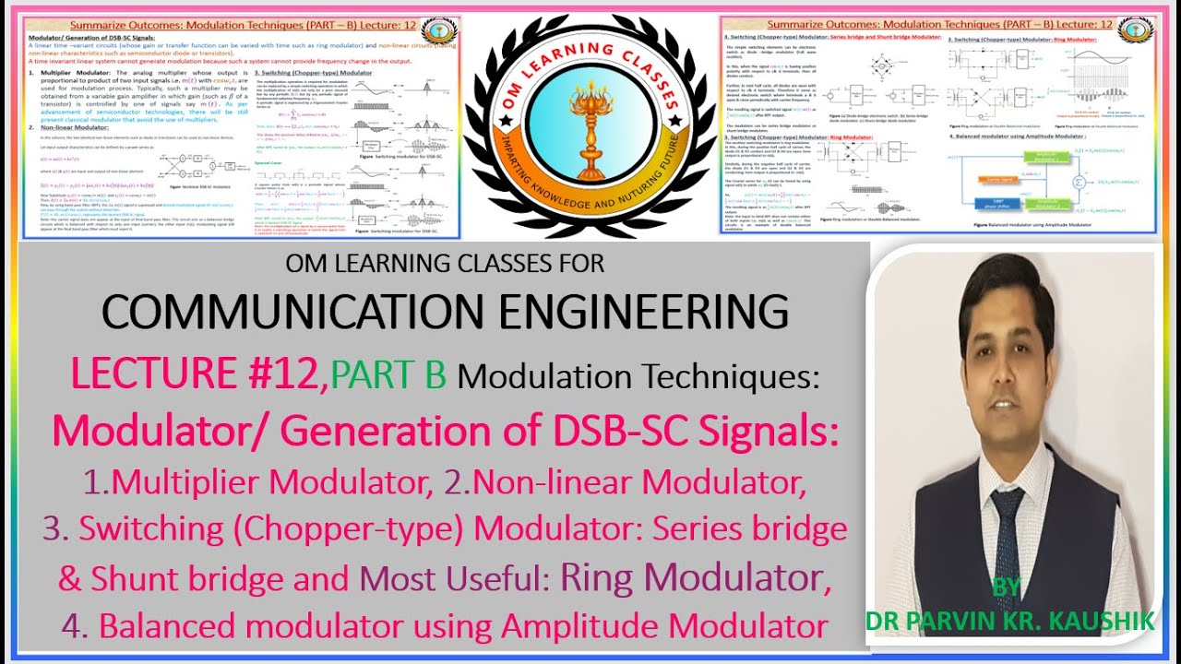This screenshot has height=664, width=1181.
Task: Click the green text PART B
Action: (x=388, y=373)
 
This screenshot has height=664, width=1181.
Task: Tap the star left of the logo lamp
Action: (x=499, y=120)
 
